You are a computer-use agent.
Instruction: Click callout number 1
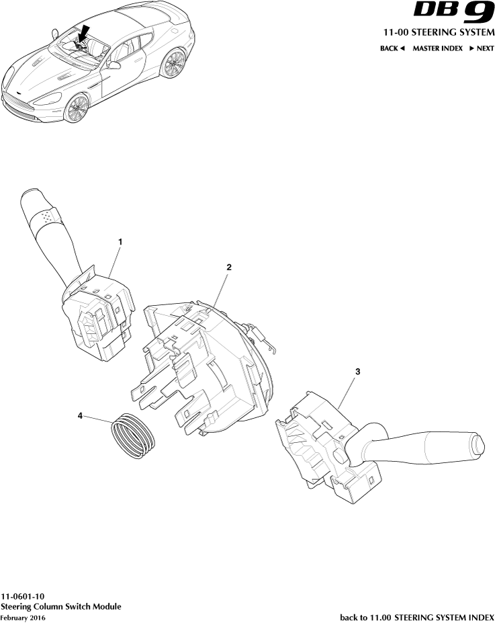coord(120,241)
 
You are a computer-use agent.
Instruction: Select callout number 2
coord(228,267)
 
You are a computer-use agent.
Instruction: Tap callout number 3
coord(358,372)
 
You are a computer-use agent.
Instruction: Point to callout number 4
coord(80,415)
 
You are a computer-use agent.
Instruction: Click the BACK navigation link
coord(392,48)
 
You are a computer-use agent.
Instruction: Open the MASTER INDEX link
coord(437,48)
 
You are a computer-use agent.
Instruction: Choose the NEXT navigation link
coord(482,48)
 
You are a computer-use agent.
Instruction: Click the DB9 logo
coord(454,12)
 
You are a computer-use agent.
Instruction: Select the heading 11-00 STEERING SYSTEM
coord(439,32)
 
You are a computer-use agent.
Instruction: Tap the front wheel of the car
coord(76,108)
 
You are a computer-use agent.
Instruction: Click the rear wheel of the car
coord(173,64)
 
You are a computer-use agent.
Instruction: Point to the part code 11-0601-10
coord(23,596)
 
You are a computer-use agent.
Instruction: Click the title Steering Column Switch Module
coord(61,607)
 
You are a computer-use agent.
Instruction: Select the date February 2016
coord(23,618)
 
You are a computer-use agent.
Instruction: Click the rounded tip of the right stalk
coord(478,444)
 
